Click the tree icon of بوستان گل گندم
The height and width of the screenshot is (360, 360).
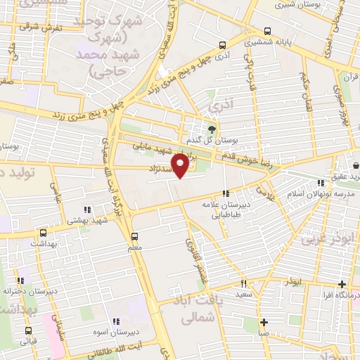211,129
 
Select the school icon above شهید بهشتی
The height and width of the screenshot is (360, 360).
87,210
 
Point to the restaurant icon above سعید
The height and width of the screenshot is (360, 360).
243,284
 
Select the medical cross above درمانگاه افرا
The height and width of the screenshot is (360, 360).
342,285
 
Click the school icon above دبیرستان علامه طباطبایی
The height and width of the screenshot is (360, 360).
226,193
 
